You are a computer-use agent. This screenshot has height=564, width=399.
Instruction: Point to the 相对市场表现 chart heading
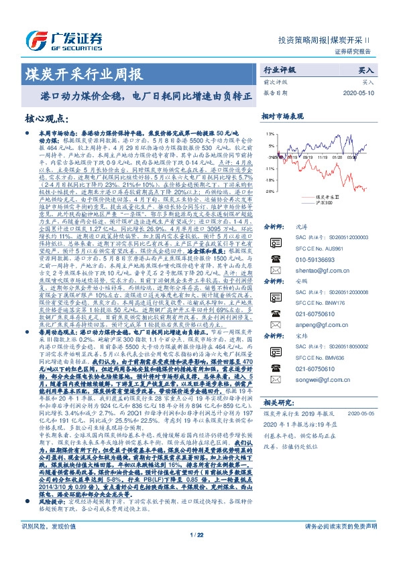click(x=282, y=117)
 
